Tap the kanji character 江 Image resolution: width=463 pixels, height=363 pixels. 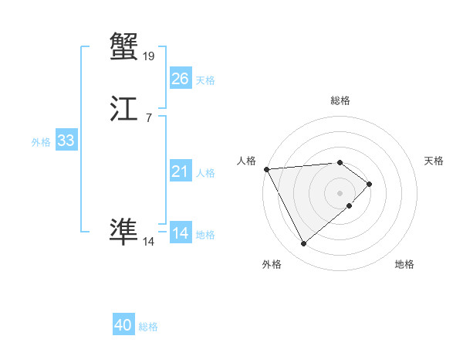point(123,109)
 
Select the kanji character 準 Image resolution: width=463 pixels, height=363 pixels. point(123,230)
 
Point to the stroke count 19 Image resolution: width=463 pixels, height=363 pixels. point(149,56)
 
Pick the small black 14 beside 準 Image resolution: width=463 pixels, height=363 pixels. point(149,241)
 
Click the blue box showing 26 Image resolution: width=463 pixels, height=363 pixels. point(180,79)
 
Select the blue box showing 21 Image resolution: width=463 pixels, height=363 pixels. point(180,171)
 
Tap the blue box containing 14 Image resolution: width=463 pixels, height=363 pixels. point(180,233)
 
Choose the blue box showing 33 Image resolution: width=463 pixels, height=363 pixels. point(66,141)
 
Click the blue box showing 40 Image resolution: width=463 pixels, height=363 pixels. point(123,325)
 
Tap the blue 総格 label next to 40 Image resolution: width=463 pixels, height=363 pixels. point(148,327)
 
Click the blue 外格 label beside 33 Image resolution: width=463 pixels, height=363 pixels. point(41,142)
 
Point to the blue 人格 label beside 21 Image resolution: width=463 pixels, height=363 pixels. point(205,173)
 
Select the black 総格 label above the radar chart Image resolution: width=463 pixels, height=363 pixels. point(340,100)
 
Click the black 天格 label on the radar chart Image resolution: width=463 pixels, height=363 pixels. point(434,161)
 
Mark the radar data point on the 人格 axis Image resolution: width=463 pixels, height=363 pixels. point(265,169)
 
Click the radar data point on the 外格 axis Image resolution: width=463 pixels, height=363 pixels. point(303,244)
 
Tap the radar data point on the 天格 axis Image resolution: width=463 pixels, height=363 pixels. point(370,184)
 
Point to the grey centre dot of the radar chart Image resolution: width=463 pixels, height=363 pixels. point(340,192)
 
